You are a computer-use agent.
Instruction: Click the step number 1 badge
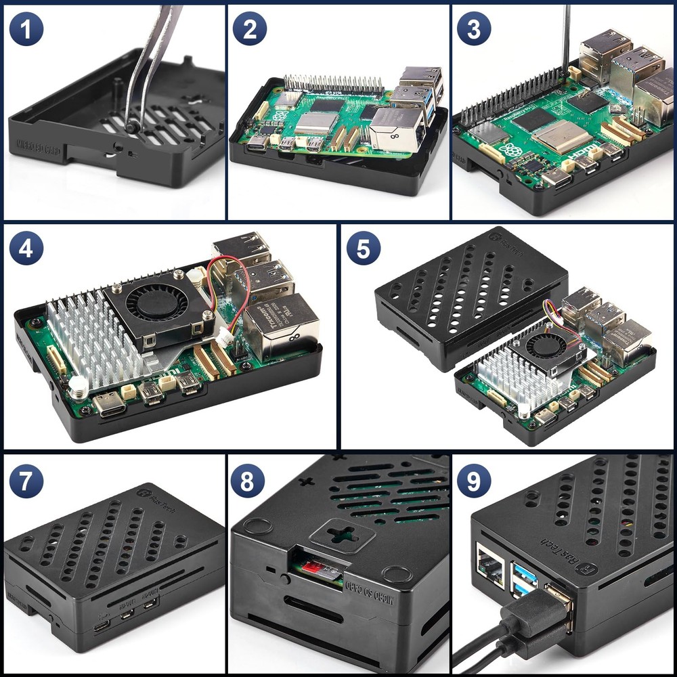[26, 29]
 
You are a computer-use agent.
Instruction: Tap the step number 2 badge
[250, 29]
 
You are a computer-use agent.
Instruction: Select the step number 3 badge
[474, 29]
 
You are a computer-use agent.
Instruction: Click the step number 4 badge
[26, 249]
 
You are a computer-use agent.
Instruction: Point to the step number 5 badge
[364, 249]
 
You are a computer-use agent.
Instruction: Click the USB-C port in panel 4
[109, 404]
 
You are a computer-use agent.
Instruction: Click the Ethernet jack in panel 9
[489, 566]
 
